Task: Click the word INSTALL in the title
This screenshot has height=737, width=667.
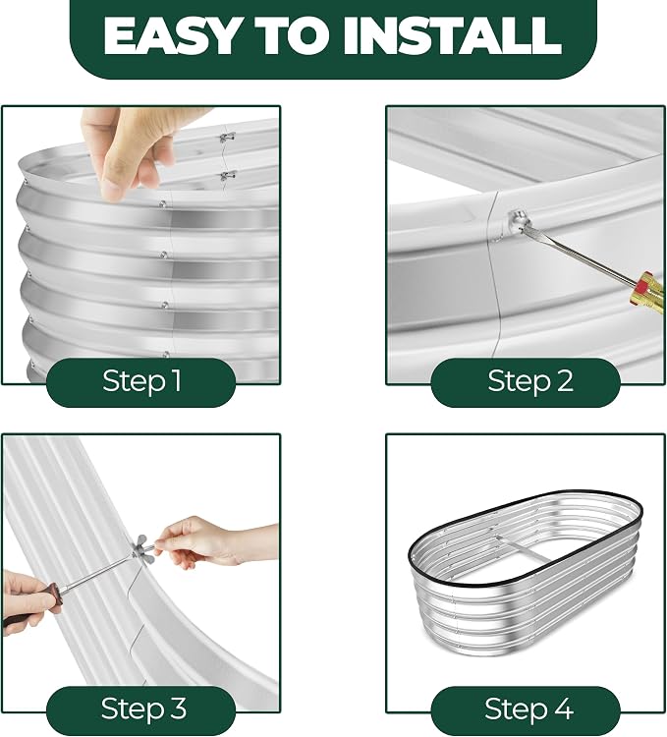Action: coord(452,36)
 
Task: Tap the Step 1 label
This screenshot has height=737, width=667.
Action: coord(141,380)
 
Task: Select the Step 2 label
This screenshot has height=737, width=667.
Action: coord(530,380)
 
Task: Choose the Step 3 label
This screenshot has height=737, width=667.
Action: coord(143,708)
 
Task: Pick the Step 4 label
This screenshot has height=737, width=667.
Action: coord(528,708)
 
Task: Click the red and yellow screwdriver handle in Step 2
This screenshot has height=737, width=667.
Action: coord(647,292)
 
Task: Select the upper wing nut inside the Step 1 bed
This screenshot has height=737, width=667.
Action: coord(226,138)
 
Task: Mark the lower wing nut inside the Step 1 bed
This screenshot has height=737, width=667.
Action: coord(227,176)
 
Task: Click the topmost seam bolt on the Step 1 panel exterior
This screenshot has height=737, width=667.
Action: coord(162,204)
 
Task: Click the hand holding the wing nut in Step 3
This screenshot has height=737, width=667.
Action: coord(206,540)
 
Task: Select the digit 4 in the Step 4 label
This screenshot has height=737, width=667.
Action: coord(563,709)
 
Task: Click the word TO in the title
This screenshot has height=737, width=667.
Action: coord(292,36)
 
